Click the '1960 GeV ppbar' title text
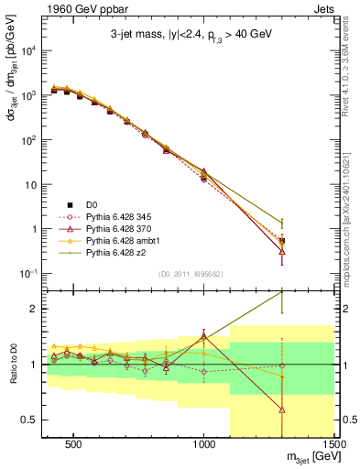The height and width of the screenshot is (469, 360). click(x=76, y=8)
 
